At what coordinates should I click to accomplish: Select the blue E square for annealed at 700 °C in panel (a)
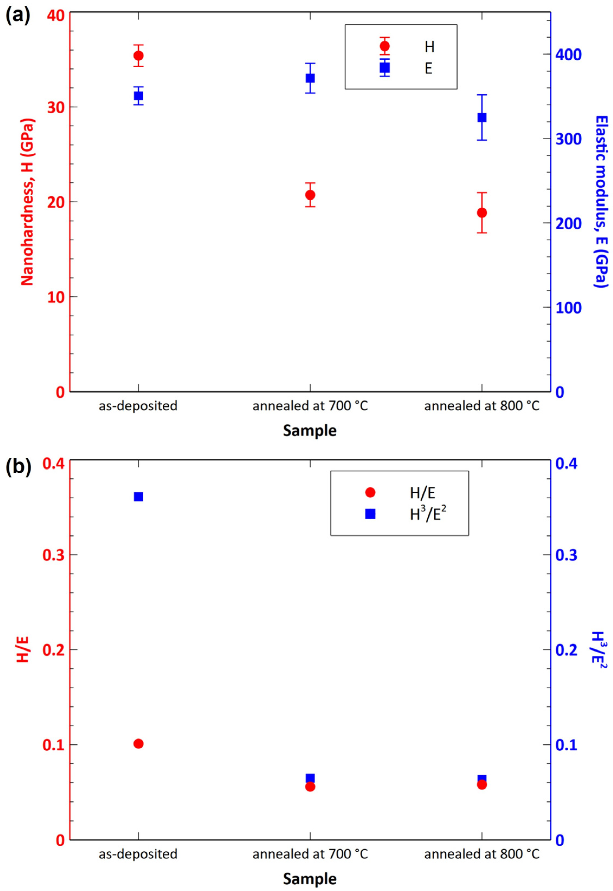pyautogui.click(x=310, y=78)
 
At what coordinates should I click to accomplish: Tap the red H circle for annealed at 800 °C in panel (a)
pyautogui.click(x=482, y=213)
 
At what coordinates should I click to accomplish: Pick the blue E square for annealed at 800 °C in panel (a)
pyautogui.click(x=482, y=117)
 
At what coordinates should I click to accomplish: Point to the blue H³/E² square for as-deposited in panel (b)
pyautogui.click(x=138, y=497)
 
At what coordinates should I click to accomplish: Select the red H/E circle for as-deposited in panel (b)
pyautogui.click(x=138, y=744)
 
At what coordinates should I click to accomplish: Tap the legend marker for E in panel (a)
pyautogui.click(x=384, y=68)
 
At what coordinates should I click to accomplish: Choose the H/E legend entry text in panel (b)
pyautogui.click(x=422, y=493)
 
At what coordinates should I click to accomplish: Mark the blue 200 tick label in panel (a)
pyautogui.click(x=568, y=223)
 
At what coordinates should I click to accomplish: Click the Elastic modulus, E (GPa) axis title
pyautogui.click(x=601, y=202)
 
